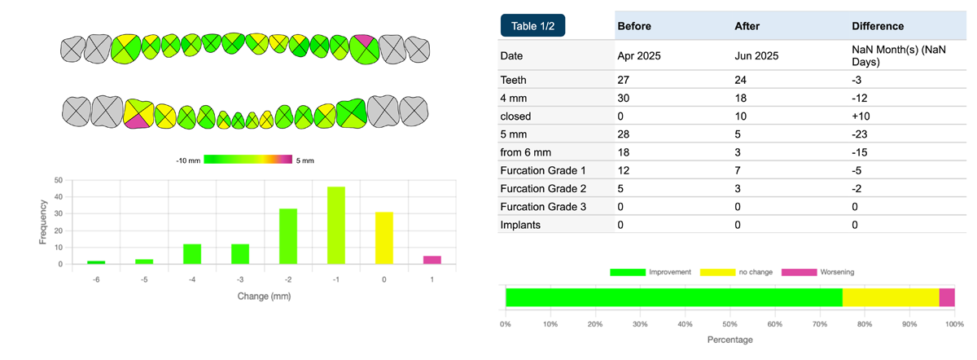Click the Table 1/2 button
coord(532,25)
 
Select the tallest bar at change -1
coord(336,226)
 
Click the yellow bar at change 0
coord(384,238)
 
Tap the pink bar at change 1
coord(432,260)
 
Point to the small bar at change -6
coord(96,262)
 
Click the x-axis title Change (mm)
coord(264,296)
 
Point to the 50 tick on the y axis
coord(58,180)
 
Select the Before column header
coord(634,26)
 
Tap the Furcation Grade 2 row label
coord(544,188)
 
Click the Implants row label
coord(522,224)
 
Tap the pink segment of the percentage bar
coord(946,297)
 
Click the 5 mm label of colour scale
coord(305,160)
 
